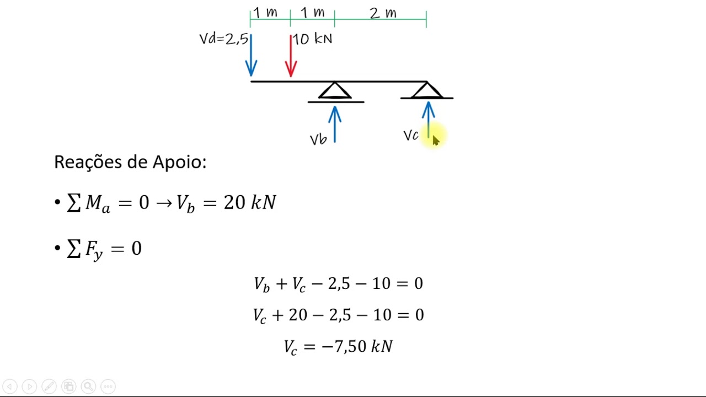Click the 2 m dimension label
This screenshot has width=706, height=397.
click(383, 13)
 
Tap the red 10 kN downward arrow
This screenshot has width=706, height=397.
click(291, 56)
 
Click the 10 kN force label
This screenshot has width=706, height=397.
click(312, 39)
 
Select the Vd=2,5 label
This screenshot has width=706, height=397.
click(224, 39)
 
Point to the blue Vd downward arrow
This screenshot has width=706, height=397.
click(251, 55)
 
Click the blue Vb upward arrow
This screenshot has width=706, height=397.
click(335, 125)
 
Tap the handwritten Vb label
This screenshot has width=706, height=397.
click(318, 140)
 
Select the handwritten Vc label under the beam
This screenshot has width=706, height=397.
click(411, 136)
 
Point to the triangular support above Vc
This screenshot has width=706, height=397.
click(427, 90)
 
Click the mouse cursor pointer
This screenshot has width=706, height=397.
click(436, 141)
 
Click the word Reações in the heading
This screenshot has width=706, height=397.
click(88, 162)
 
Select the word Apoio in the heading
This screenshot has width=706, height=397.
click(179, 162)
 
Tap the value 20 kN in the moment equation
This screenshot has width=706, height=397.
click(250, 202)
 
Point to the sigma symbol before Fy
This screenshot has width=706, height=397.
click(74, 249)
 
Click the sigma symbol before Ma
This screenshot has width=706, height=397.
click(74, 202)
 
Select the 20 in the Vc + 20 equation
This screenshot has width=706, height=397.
click(298, 315)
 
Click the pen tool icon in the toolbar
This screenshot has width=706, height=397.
click(49, 387)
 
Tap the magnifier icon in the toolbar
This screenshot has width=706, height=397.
click(88, 387)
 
